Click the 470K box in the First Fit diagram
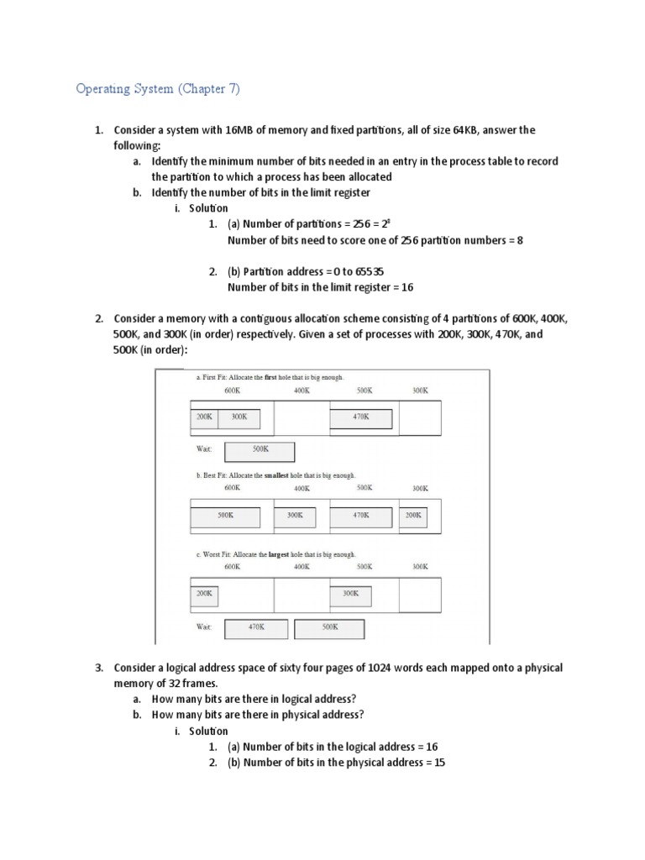pos(360,417)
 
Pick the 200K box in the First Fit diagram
pos(204,417)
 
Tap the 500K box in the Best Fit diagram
pos(225,517)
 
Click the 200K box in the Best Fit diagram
pos(412,517)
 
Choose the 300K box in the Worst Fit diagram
pos(350,595)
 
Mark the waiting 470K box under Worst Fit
pos(256,628)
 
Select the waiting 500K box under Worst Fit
pos(329,628)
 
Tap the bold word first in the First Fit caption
pos(270,378)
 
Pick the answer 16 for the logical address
pos(432,747)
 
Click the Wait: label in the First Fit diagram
pos(204,449)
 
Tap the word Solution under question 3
pos(207,731)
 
